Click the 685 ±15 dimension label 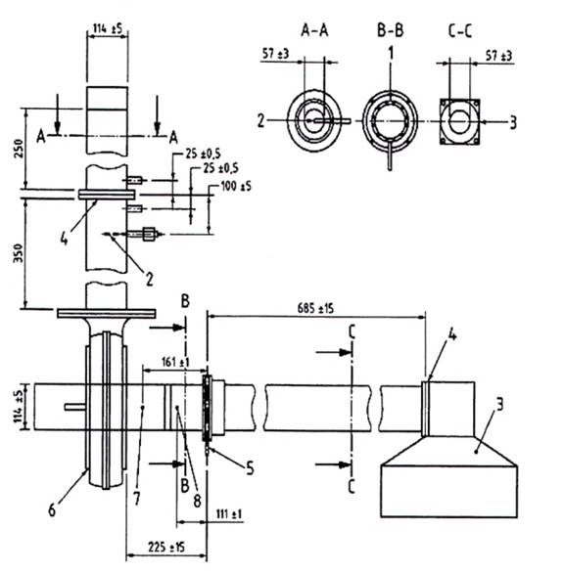point(315,308)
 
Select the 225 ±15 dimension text point(166,548)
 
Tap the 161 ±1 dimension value point(175,362)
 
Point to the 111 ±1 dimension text point(229,514)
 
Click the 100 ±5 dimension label point(236,187)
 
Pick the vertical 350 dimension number point(19,253)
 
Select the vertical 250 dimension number point(19,148)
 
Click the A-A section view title point(314,30)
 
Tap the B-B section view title point(391,30)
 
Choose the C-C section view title point(459,30)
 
